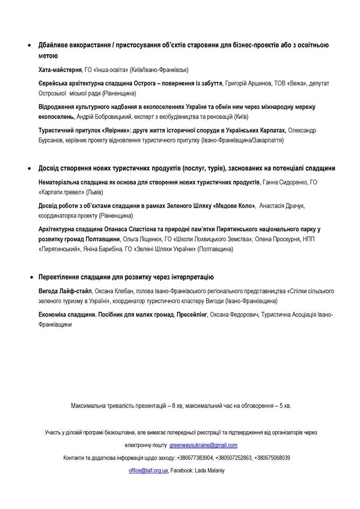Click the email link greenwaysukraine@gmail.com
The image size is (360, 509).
coord(204,445)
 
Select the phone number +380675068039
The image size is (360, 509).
coord(272,458)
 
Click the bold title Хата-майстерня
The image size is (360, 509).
coord(60,69)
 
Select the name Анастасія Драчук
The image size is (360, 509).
coord(282,206)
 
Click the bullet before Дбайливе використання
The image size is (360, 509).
coord(30,46)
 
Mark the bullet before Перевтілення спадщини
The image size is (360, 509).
coord(30,277)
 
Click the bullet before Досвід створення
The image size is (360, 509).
coord(30,169)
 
